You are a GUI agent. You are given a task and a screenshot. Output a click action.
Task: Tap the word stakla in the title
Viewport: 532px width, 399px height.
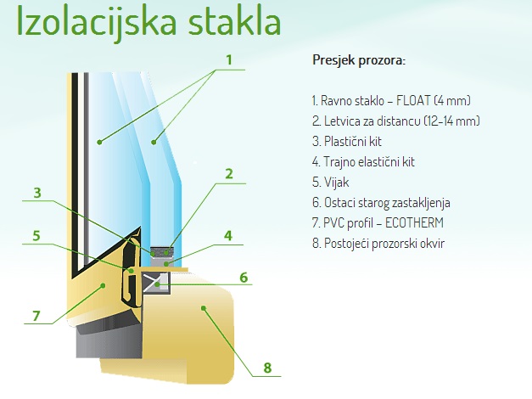(234, 20)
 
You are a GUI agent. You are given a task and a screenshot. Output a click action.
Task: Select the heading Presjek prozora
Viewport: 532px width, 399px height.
(359, 60)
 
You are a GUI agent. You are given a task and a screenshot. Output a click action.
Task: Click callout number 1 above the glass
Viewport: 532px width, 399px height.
(229, 59)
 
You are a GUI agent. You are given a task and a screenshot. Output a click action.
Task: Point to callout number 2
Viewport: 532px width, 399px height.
(229, 174)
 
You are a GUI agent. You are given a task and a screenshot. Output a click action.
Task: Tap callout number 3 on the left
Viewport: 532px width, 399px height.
(37, 193)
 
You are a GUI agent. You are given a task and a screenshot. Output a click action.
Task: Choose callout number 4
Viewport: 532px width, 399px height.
(228, 235)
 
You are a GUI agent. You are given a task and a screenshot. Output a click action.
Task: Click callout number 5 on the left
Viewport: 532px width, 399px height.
(36, 235)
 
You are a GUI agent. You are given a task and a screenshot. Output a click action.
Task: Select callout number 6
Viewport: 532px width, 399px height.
(244, 278)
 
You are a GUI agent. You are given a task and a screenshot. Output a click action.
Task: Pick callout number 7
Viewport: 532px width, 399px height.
(36, 316)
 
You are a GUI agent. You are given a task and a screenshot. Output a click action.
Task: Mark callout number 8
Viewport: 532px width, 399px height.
(267, 368)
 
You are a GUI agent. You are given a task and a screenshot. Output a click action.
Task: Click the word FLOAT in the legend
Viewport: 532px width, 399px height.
(413, 100)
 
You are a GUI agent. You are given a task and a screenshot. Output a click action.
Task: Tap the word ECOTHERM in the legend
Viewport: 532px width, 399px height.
(414, 222)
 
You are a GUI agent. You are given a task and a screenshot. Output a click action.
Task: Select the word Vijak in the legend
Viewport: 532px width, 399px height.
(336, 183)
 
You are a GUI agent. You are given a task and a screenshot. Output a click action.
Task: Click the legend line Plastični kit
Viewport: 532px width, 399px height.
(347, 141)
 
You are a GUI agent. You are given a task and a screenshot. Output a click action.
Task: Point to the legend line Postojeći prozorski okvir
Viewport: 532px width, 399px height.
(378, 243)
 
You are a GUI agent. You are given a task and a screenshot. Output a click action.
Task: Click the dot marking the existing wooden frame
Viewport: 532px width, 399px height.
(204, 308)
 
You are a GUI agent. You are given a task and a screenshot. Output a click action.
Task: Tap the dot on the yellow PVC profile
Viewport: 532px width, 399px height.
(103, 285)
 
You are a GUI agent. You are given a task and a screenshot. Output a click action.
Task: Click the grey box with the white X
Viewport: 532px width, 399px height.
(156, 283)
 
